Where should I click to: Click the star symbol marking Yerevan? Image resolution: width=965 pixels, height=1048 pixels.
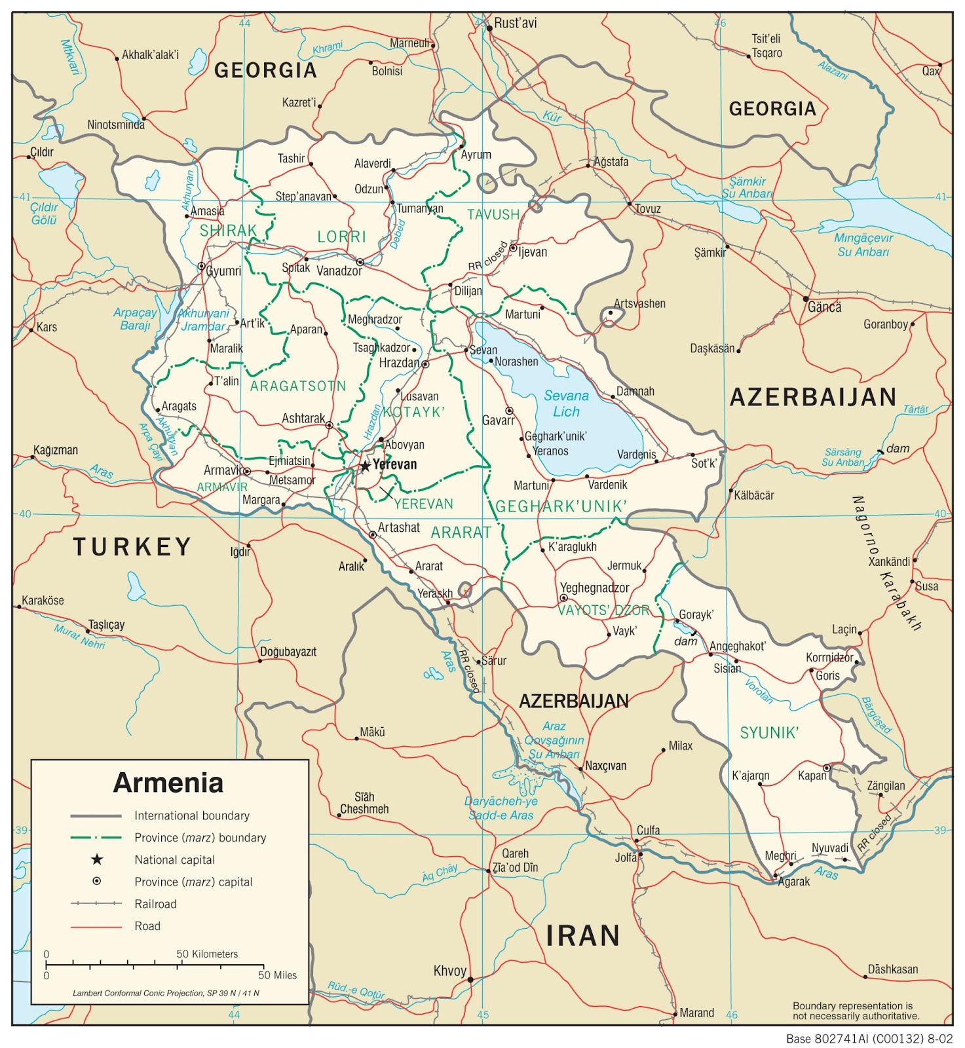coord(365,466)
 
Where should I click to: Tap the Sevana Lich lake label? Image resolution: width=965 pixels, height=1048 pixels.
coord(566,403)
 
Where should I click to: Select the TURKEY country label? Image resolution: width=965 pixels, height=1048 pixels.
coord(132,546)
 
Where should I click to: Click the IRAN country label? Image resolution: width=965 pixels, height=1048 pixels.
coord(582,935)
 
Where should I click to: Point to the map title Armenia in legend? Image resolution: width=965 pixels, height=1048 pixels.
coord(168,783)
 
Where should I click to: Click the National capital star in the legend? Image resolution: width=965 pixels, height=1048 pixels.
coord(97,859)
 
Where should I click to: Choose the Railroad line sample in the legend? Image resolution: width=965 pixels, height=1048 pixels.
coord(96,903)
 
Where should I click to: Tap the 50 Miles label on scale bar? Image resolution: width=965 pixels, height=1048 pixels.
coord(277,975)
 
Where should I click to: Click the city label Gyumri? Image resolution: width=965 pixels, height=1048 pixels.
coord(223,271)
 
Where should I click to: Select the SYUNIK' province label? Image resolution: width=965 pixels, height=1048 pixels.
coord(769,733)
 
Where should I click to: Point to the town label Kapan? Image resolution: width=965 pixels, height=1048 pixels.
coord(812,776)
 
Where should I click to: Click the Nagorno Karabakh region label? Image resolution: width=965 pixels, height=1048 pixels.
coord(887,563)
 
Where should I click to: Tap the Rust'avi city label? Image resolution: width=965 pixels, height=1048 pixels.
coord(515,23)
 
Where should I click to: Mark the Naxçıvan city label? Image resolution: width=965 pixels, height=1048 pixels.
coord(605,766)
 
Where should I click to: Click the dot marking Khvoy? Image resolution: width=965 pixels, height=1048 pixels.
coord(470,980)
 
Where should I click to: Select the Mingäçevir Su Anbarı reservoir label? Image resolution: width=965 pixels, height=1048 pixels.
coord(863,245)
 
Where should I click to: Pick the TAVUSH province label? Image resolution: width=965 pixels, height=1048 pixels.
coord(493,215)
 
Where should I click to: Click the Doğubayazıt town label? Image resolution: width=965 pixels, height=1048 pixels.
coord(288,652)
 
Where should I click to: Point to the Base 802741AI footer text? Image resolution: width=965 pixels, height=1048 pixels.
coord(869,1039)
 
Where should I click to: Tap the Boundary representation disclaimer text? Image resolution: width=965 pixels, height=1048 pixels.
coord(856,1011)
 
